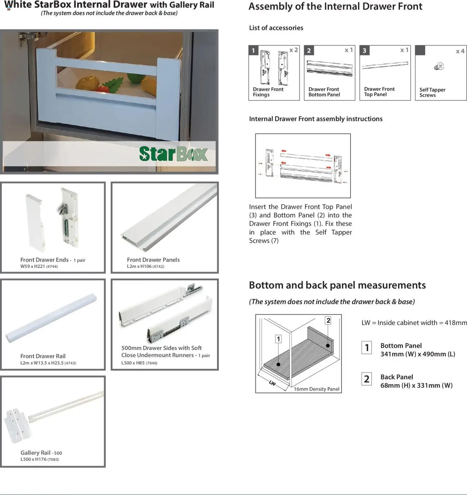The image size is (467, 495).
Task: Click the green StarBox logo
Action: coord(173,154)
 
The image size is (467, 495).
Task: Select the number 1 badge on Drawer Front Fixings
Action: coord(253,50)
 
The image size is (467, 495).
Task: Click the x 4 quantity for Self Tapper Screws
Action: coord(460,51)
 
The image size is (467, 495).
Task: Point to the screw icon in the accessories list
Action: coord(439,67)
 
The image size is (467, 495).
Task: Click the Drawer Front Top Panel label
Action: coord(379,91)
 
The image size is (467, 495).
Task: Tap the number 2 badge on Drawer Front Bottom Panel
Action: coord(309,50)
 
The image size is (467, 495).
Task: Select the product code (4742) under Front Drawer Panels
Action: coord(158,266)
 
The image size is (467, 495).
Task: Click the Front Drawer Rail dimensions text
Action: coord(48,363)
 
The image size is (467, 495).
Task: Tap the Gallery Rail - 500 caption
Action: coord(41,453)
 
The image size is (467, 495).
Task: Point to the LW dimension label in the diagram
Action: coord(272,383)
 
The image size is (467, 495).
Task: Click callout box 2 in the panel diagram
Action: coord(328,320)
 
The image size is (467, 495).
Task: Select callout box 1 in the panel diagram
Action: coord(278,339)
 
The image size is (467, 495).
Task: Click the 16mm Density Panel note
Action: coord(316,389)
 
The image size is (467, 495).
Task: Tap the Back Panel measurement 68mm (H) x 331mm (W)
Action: coord(416,385)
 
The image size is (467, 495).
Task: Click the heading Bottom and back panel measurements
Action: coord(337,285)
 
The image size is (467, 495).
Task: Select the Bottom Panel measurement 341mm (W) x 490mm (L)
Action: coord(417,354)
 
